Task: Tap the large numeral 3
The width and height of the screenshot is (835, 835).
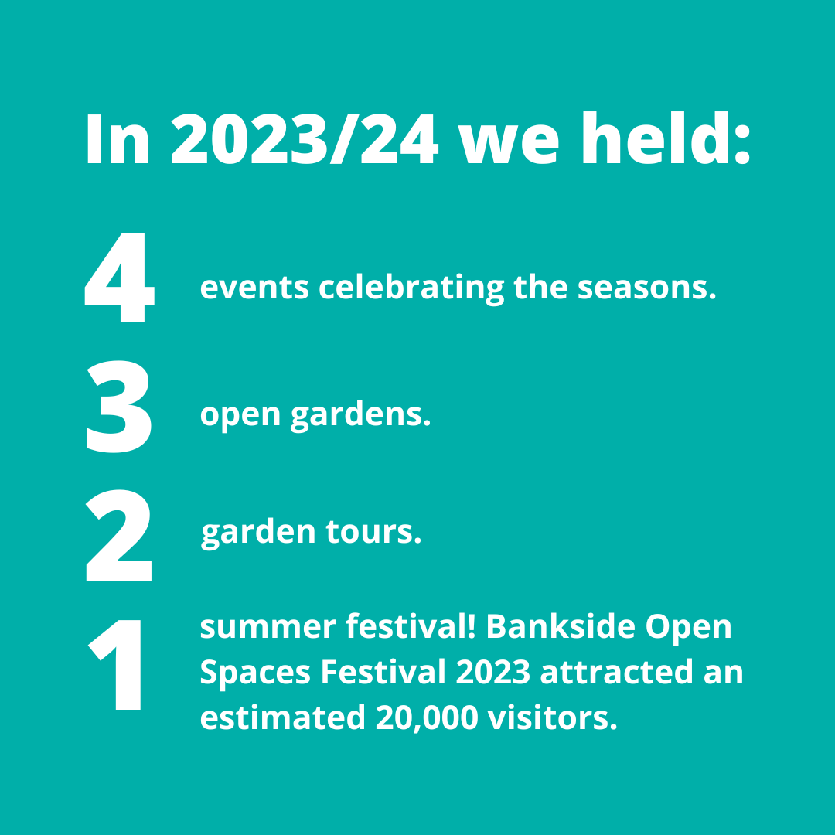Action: [119, 407]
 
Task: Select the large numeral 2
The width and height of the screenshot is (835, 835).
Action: [119, 535]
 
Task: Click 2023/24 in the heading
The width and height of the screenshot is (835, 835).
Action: [305, 139]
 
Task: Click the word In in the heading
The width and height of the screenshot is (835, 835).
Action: [118, 139]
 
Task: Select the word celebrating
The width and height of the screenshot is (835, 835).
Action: [411, 288]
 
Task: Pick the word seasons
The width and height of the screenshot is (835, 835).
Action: [646, 288]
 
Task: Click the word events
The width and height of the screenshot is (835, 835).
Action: [254, 288]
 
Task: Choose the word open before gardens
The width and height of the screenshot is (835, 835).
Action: [240, 416]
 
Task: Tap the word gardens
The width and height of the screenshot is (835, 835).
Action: [360, 415]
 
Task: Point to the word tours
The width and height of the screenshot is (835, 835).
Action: [373, 533]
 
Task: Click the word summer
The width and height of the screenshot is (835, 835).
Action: [268, 627]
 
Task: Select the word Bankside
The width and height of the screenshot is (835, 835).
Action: [561, 625]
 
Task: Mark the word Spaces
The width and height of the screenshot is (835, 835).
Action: [255, 673]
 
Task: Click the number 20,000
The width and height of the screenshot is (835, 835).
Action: [427, 717]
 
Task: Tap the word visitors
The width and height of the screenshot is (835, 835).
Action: [552, 717]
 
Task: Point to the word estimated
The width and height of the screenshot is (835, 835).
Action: [283, 717]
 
